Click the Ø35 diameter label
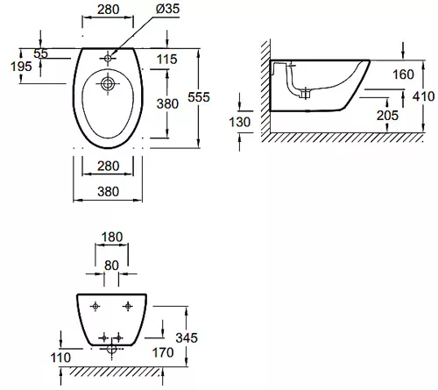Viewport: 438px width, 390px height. click(167, 9)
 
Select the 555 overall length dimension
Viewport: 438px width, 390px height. click(199, 97)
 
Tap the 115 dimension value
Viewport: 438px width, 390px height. click(167, 60)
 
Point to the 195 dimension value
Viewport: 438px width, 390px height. click(21, 67)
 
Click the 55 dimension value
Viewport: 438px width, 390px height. click(40, 53)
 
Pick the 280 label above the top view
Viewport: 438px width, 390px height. click(109, 10)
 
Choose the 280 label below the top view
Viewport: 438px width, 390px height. click(109, 167)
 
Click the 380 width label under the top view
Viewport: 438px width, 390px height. click(109, 192)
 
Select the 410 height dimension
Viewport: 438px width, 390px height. click(423, 96)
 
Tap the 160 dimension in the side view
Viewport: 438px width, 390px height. click(403, 74)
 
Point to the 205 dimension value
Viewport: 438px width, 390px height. click(387, 116)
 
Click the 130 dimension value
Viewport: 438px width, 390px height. click(240, 122)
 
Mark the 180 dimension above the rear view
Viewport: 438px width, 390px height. click(112, 237)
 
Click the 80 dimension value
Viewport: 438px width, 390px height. click(111, 266)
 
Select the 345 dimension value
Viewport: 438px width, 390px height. click(187, 337)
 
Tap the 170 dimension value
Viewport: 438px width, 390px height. click(163, 352)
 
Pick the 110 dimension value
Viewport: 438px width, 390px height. click(60, 358)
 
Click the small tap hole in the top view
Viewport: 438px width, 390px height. click(108, 59)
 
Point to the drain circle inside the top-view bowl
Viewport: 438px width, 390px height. click(108, 84)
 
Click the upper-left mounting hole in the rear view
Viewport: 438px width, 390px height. click(95, 306)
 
